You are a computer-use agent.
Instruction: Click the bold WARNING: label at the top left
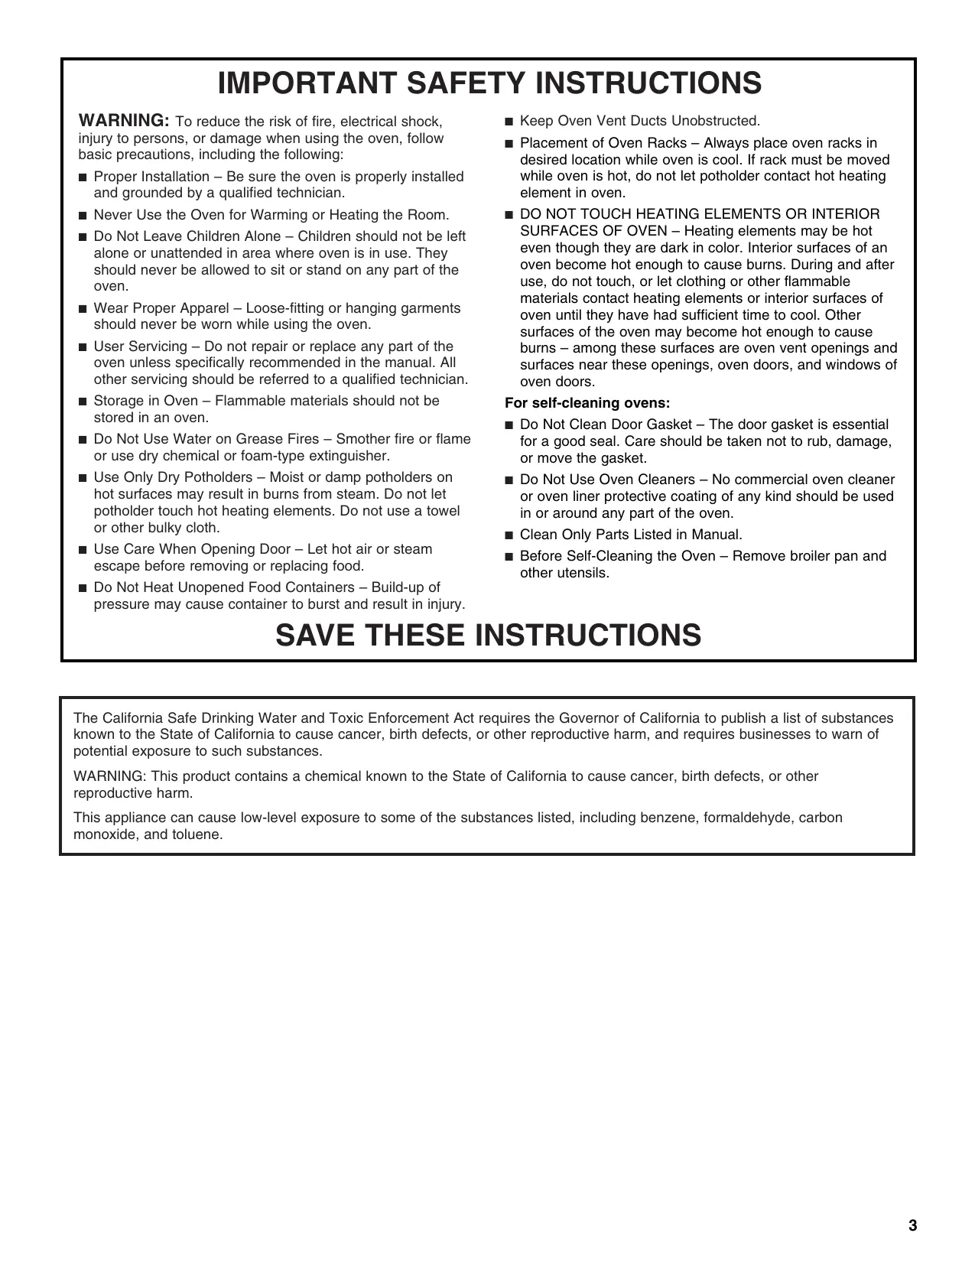pyautogui.click(x=124, y=120)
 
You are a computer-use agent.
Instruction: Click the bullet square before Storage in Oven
pyautogui.click(x=83, y=402)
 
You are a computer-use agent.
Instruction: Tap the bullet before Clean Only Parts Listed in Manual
pyautogui.click(x=509, y=535)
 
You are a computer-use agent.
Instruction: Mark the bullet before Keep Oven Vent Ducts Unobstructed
pyautogui.click(x=509, y=121)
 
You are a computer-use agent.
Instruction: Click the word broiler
pyautogui.click(x=795, y=556)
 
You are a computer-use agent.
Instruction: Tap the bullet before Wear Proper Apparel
pyautogui.click(x=83, y=309)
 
